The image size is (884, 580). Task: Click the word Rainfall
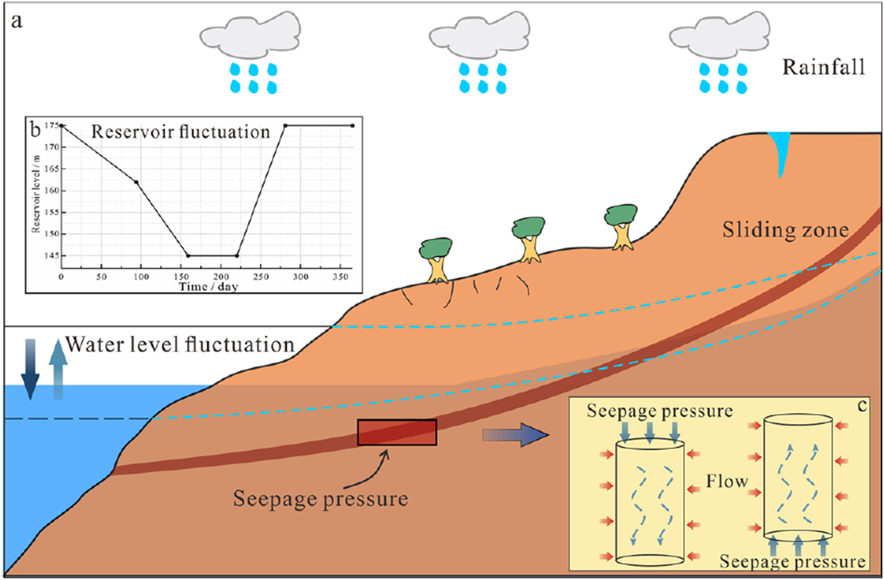[x=824, y=68]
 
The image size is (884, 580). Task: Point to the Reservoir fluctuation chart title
[x=180, y=132]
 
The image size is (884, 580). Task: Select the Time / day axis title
[x=208, y=286]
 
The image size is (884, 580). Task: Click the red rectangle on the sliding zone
[x=397, y=432]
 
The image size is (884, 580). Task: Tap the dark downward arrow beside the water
[x=30, y=369]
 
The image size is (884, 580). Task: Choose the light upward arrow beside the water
[x=58, y=369]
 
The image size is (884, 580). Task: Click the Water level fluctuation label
[x=180, y=345]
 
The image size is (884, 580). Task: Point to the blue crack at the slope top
[x=779, y=152]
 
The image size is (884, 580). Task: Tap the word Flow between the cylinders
[x=727, y=482]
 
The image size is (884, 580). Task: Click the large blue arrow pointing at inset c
[x=516, y=434]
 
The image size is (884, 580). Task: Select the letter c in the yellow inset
[x=862, y=406]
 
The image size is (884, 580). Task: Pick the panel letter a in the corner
[x=17, y=21]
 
